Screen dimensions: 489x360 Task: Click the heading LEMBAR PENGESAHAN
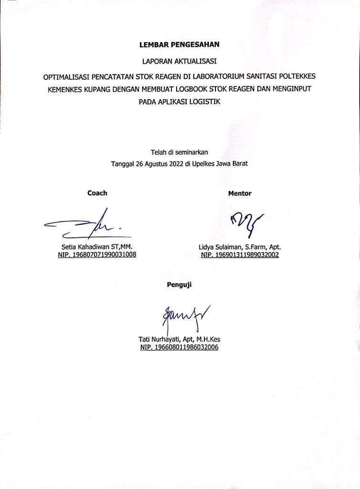pyautogui.click(x=179, y=46)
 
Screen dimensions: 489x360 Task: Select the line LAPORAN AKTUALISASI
pyautogui.click(x=179, y=61)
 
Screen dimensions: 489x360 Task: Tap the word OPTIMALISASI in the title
pyautogui.click(x=69, y=76)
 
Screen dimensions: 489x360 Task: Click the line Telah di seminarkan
pyautogui.click(x=180, y=152)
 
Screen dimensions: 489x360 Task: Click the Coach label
pyautogui.click(x=97, y=193)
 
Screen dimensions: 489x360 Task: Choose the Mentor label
pyautogui.click(x=240, y=193)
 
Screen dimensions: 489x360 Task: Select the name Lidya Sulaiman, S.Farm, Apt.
pyautogui.click(x=240, y=247)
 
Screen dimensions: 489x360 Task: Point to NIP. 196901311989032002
pyautogui.click(x=240, y=255)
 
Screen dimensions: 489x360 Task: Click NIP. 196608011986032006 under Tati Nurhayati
pyautogui.click(x=179, y=348)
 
